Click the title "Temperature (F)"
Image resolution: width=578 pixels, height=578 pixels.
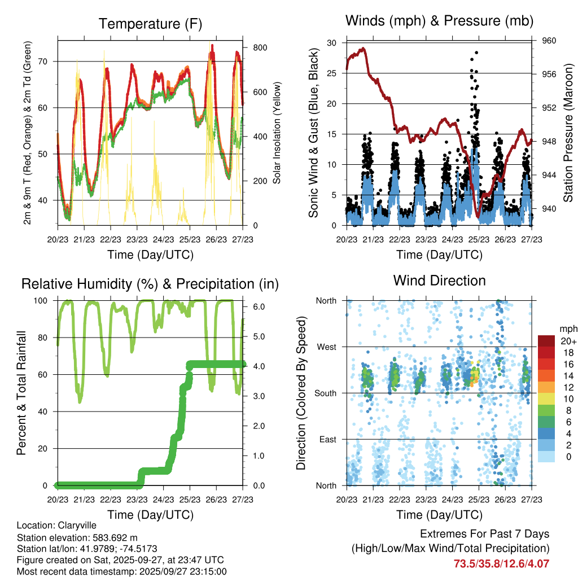(150, 24)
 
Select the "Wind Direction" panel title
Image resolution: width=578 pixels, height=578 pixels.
(439, 281)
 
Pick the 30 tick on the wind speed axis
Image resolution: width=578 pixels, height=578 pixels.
(332, 43)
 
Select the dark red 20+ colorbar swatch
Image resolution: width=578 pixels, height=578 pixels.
(547, 341)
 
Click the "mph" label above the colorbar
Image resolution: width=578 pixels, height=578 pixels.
(566, 329)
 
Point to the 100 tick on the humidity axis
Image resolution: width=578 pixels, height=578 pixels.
(42, 301)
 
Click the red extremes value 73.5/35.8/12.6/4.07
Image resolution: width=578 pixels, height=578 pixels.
(501, 563)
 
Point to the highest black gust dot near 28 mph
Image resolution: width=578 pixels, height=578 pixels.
(477, 52)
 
